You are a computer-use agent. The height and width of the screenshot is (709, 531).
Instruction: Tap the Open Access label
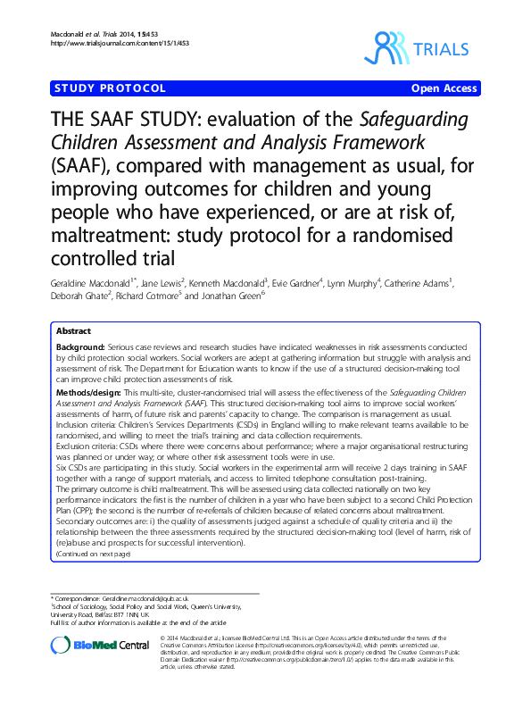coord(444,88)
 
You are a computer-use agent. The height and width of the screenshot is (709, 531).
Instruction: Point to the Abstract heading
coord(74,330)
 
